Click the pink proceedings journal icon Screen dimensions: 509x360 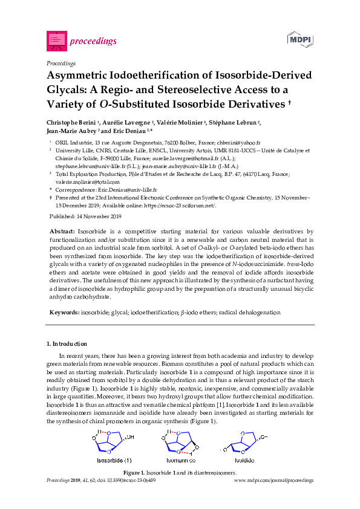click(x=56, y=41)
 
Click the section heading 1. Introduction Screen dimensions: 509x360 click(x=69, y=344)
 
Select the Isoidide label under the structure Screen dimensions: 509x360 click(x=243, y=460)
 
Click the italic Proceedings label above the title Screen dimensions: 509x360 click(x=61, y=63)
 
